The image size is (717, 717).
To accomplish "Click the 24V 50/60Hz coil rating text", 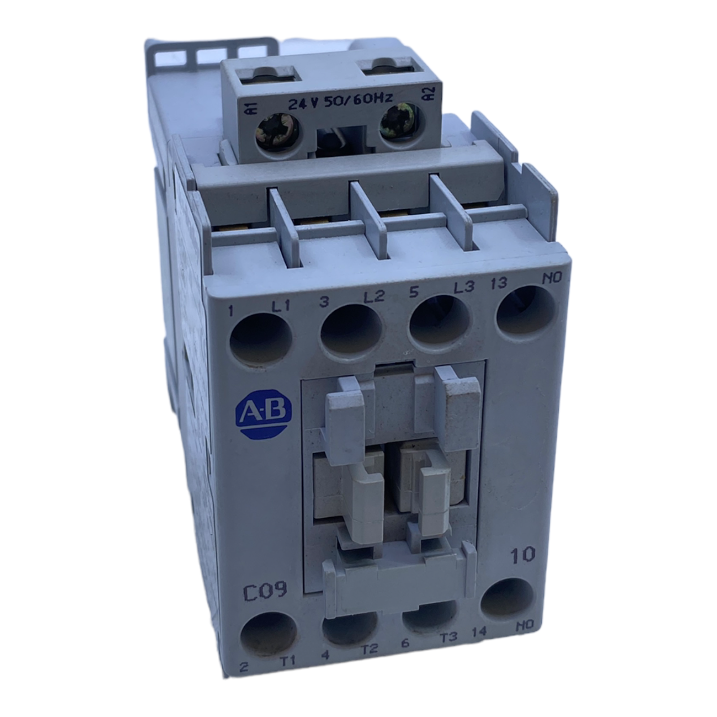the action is click(x=340, y=104).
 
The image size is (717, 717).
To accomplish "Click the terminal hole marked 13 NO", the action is click(x=525, y=312).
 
